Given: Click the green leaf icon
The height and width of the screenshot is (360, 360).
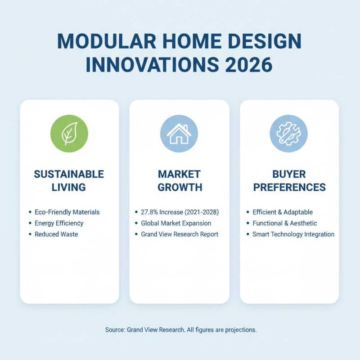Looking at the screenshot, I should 69,134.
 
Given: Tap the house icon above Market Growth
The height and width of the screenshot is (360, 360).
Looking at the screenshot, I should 179,134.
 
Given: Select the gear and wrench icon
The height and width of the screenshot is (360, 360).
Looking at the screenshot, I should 289,134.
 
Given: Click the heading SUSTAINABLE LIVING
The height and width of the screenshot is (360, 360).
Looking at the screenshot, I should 69,180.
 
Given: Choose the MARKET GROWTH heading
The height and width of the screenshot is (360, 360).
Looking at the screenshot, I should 180,180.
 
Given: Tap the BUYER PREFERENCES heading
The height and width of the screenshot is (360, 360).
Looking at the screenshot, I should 289,180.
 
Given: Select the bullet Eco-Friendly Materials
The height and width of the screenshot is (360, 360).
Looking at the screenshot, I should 67,212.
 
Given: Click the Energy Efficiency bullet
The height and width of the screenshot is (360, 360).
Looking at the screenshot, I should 59,223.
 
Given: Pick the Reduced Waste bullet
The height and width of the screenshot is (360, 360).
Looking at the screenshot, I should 56,234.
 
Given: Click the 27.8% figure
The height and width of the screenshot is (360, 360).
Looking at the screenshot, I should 150,212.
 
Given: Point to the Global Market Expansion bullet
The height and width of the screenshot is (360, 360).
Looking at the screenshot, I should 176,223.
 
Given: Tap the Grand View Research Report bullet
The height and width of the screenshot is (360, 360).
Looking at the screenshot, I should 180,234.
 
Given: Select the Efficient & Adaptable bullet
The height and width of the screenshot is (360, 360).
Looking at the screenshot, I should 283,212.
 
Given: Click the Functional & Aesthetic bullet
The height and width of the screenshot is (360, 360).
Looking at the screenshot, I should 285,223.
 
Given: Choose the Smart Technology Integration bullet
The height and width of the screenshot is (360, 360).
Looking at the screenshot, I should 293,234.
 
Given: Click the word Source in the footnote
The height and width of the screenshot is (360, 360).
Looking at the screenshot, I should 115,330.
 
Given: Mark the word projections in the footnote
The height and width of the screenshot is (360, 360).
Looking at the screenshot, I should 241,330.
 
